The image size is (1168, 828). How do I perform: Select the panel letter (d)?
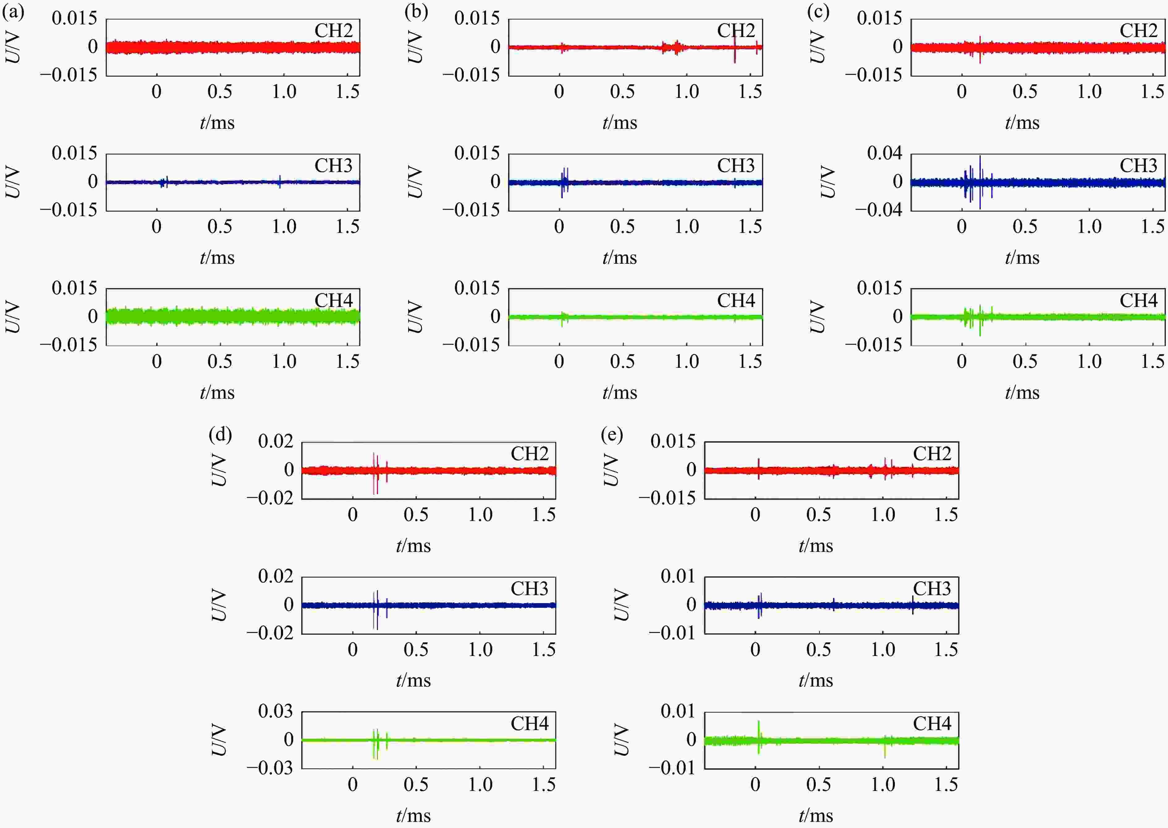coord(220,435)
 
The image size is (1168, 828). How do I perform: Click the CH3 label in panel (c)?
coord(1138,166)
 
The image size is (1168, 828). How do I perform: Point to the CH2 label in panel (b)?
coord(735,31)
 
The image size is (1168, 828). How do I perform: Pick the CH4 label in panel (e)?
coord(931,724)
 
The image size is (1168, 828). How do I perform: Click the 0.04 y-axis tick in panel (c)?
coord(884,153)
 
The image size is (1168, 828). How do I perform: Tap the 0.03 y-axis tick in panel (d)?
coord(275,711)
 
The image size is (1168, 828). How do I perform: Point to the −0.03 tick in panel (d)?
coord(270,767)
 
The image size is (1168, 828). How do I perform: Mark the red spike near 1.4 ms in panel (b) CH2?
coord(735,48)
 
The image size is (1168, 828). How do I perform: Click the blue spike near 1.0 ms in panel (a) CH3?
coord(280,181)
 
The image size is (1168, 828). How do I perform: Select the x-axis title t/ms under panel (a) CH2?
coord(217,123)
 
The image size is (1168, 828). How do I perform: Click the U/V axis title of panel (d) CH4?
coord(218,740)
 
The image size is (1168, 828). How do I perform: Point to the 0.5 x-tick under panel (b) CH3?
coord(622,226)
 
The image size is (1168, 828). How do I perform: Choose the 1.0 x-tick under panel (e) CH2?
coord(882,515)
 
